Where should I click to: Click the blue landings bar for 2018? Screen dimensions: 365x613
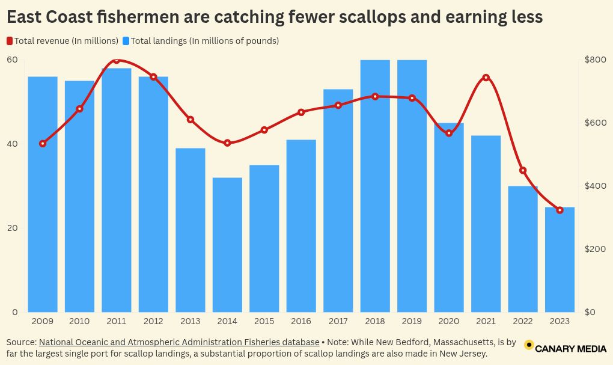[375, 186]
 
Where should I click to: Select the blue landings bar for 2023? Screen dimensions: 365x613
[560, 260]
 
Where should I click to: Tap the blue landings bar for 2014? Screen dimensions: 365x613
[227, 245]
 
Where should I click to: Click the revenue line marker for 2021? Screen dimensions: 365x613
[486, 78]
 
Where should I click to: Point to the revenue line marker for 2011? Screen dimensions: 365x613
[117, 60]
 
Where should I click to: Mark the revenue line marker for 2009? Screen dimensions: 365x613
[43, 144]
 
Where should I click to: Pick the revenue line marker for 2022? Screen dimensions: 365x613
[523, 171]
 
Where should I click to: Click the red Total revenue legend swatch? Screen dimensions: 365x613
[10, 41]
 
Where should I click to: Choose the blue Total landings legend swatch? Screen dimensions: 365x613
[126, 41]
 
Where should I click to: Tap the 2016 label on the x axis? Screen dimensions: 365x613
[301, 322]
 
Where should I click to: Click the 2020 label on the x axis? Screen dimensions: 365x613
[449, 322]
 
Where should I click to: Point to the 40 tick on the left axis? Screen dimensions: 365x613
[12, 144]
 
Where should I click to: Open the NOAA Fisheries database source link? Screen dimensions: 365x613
[179, 342]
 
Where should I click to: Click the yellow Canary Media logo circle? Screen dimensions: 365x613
[529, 345]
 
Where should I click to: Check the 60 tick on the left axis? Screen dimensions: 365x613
[12, 60]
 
